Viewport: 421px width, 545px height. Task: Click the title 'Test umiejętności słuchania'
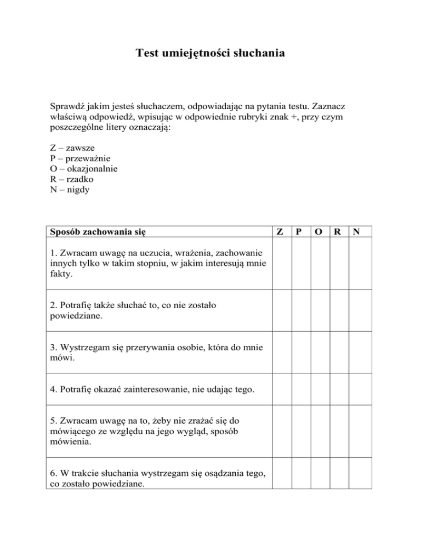210,54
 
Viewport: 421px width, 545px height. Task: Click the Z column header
281,231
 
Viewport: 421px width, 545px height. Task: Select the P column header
300,231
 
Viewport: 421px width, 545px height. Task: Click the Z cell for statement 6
281,474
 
